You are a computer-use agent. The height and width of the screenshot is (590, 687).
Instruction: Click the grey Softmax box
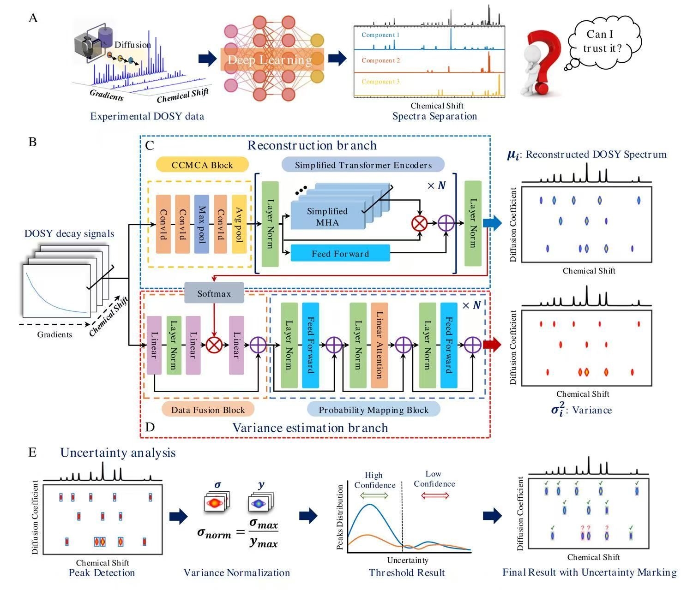pyautogui.click(x=214, y=293)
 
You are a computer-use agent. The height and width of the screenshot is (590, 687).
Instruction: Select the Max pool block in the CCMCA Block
pyautogui.click(x=202, y=224)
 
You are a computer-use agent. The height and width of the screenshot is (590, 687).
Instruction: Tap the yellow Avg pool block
pyautogui.click(x=239, y=224)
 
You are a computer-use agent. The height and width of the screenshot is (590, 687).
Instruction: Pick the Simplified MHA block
pyautogui.click(x=327, y=216)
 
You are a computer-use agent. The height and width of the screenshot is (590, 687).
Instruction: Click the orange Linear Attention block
pyautogui.click(x=379, y=345)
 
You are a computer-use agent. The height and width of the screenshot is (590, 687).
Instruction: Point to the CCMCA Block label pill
pyautogui.click(x=202, y=165)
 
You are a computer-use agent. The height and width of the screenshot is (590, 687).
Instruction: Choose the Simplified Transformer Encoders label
pyautogui.click(x=363, y=165)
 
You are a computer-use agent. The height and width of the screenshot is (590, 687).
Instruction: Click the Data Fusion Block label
pyautogui.click(x=208, y=410)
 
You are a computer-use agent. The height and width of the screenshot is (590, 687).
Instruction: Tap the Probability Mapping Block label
pyautogui.click(x=374, y=410)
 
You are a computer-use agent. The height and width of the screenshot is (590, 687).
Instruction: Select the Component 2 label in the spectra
pyautogui.click(x=380, y=60)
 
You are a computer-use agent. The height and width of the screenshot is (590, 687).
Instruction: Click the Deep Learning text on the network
pyautogui.click(x=270, y=60)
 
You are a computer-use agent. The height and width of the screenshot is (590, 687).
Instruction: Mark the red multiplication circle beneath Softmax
pyautogui.click(x=214, y=345)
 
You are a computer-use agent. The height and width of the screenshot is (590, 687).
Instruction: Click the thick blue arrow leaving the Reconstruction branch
pyautogui.click(x=492, y=224)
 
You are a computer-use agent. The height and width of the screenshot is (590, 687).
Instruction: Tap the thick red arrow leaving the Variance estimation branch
pyautogui.click(x=492, y=345)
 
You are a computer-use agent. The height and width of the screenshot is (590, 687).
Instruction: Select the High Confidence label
pyautogui.click(x=374, y=480)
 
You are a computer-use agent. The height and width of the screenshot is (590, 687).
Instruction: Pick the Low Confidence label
pyautogui.click(x=434, y=479)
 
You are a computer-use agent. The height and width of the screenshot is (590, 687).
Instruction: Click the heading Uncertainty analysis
pyautogui.click(x=118, y=453)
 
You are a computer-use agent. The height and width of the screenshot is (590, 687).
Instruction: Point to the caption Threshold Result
pyautogui.click(x=407, y=573)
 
